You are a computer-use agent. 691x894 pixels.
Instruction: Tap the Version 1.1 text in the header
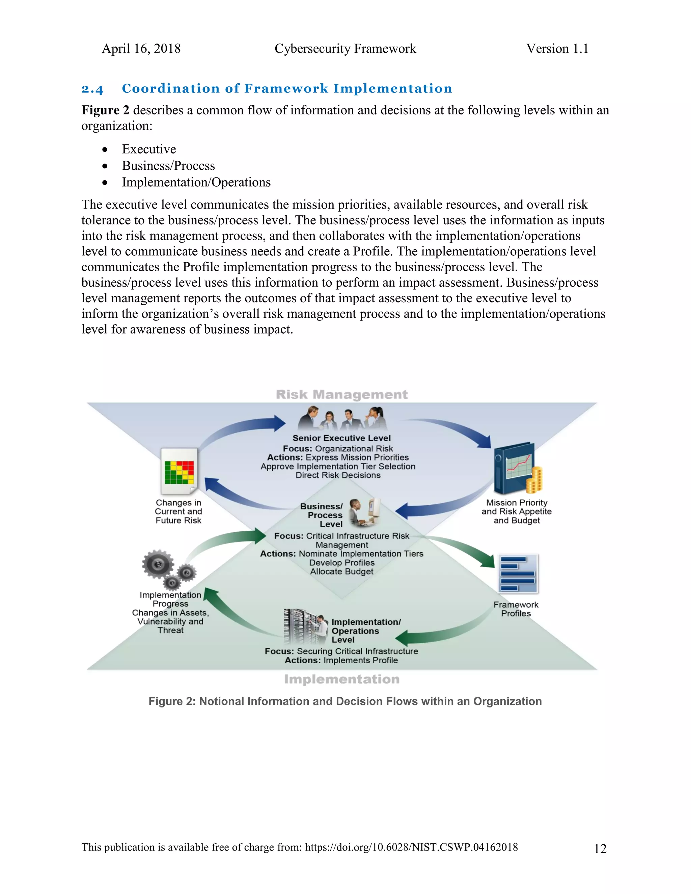[557, 49]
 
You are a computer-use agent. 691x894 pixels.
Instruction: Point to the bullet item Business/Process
[168, 166]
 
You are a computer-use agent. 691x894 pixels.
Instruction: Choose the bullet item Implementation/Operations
[196, 182]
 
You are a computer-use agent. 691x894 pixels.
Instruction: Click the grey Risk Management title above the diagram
[341, 395]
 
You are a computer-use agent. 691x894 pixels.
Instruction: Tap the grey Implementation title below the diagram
[341, 679]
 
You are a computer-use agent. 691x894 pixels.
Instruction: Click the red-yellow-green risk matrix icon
[179, 472]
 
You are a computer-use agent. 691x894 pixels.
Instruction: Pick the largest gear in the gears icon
[158, 564]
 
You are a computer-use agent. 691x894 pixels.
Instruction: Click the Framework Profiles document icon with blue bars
[518, 574]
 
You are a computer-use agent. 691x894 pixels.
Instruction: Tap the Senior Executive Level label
[341, 438]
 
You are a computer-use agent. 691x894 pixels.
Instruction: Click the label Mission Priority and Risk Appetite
[517, 507]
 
